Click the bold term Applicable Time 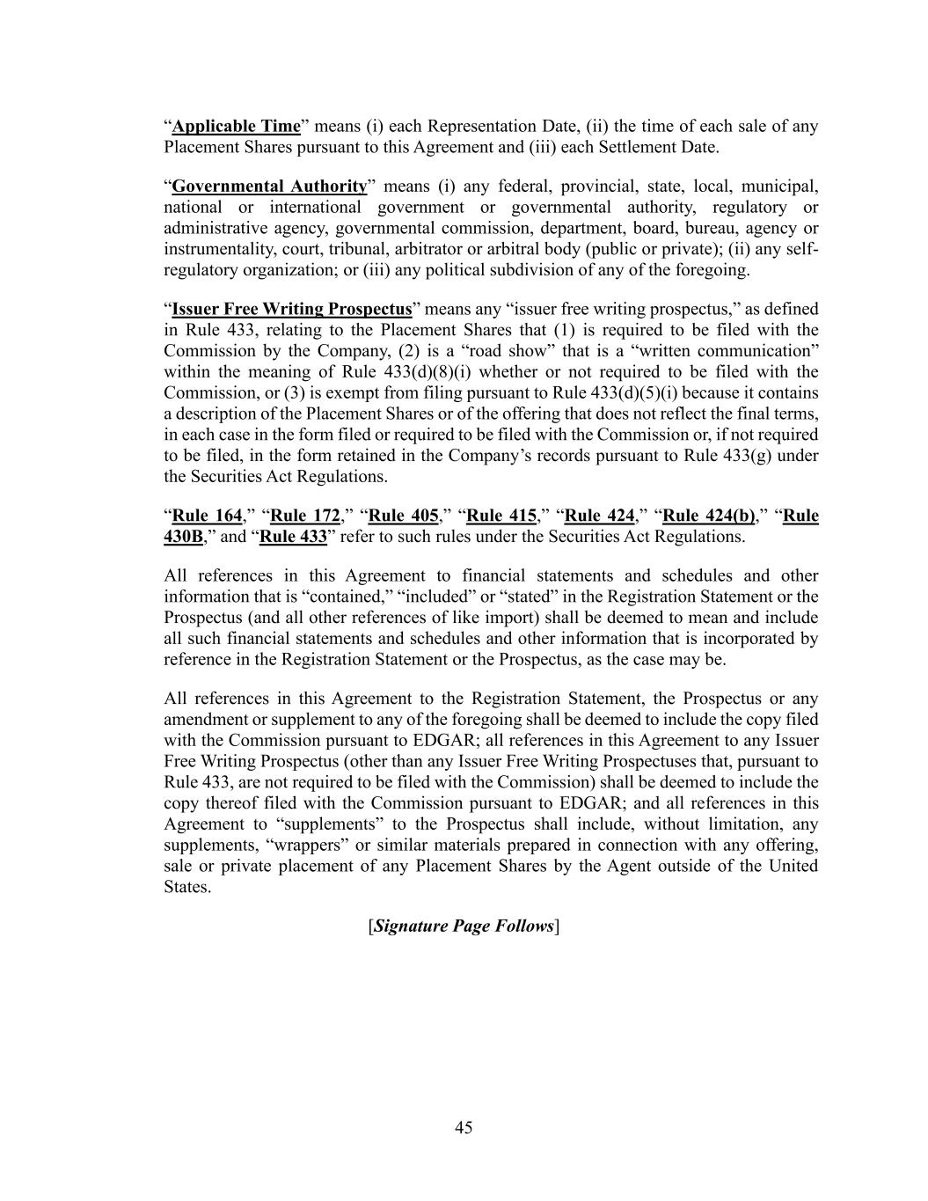(x=236, y=127)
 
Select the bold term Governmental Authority (x=269, y=187)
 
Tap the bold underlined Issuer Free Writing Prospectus (x=292, y=310)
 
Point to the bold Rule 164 (x=207, y=516)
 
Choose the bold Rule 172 (x=305, y=516)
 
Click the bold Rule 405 (x=404, y=516)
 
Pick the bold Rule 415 (x=501, y=516)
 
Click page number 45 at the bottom (x=464, y=1128)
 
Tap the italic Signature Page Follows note (x=464, y=926)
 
